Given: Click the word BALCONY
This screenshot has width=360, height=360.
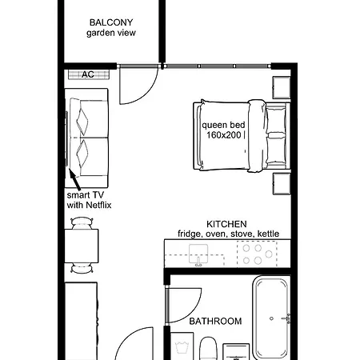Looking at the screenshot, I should pos(112,22).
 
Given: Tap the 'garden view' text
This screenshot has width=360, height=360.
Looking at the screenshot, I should pos(112,34).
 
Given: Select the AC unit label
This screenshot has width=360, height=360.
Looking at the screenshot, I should pos(88,74).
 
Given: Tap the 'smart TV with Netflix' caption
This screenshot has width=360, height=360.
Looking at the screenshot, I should pos(86,200).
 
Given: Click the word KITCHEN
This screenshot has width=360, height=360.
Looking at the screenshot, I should pos(226,224).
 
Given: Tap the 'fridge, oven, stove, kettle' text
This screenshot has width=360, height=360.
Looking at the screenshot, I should pos(228,234).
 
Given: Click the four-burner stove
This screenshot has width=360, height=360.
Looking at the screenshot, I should pos(258,254).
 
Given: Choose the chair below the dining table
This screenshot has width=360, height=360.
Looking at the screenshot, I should pos(80,270).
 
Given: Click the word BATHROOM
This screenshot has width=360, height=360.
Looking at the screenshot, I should pos(215,322).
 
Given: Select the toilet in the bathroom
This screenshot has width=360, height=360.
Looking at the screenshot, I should pos(207,349).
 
